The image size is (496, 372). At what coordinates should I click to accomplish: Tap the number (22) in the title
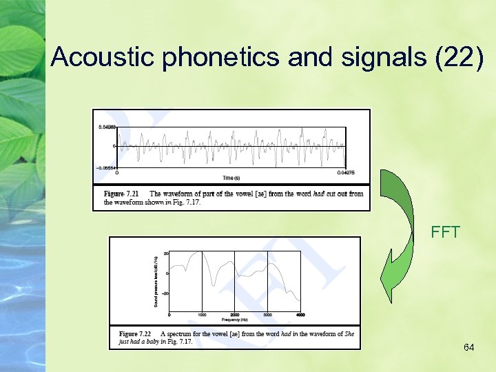coord(462,57)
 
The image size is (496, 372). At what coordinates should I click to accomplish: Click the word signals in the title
coord(378,57)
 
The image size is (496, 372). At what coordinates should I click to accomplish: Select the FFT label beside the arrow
coord(445,232)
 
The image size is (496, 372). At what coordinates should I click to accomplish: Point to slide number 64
coord(468,347)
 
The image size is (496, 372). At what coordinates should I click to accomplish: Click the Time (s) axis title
coord(231,178)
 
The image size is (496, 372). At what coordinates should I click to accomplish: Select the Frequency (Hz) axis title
coord(235,320)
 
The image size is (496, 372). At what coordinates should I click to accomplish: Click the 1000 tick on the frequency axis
coord(202,315)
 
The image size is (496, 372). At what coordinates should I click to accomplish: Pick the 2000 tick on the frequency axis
coord(235,315)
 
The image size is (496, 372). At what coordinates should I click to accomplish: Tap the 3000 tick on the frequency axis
coord(267,315)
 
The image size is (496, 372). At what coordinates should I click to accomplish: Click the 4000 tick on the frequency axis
coord(300,315)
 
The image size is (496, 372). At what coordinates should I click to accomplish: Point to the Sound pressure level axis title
coord(156,281)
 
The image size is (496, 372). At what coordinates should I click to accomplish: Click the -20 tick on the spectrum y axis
coord(165,293)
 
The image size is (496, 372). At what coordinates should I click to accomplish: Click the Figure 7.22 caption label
coord(136,334)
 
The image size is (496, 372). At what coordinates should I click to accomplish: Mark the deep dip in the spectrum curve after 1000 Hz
coord(214,283)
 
